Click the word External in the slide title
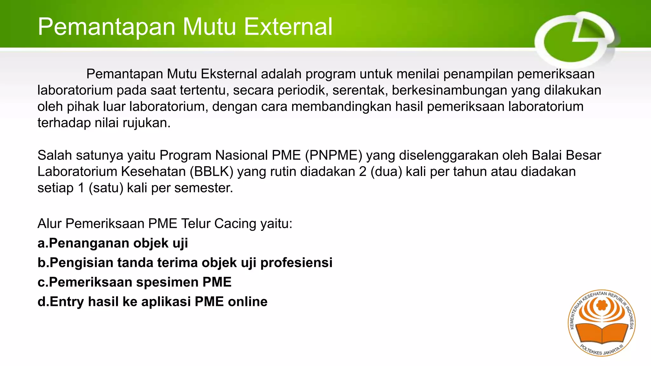click(x=288, y=27)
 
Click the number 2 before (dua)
click(x=363, y=172)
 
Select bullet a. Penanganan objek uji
click(x=113, y=243)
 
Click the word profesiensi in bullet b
click(x=296, y=263)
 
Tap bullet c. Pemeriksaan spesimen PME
click(x=134, y=282)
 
